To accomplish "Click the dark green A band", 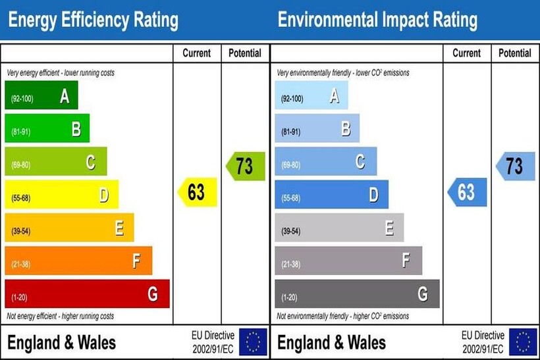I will pos(41,95).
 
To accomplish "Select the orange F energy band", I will pos(78,261).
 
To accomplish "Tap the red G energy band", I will pos(86,294).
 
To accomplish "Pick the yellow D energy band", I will pos(61,195).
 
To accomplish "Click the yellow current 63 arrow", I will pos(198,192).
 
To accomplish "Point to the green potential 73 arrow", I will pos(246,166).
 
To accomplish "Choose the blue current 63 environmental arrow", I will pos(467,192).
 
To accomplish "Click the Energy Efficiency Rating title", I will pos(93,20).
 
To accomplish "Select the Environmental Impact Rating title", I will pos(377,20).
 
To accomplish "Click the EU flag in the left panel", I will pos(253,342).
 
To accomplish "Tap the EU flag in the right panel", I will pos(524,342).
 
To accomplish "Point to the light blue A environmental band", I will pos(311,95).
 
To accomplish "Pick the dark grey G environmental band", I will pos(356,294).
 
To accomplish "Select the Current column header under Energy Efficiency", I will pos(197,53).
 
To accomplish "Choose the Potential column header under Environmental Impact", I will pos(515,53).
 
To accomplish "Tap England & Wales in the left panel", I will pos(61,343).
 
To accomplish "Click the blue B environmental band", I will pos(317,129).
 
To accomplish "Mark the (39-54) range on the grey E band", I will pos(292,231).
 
